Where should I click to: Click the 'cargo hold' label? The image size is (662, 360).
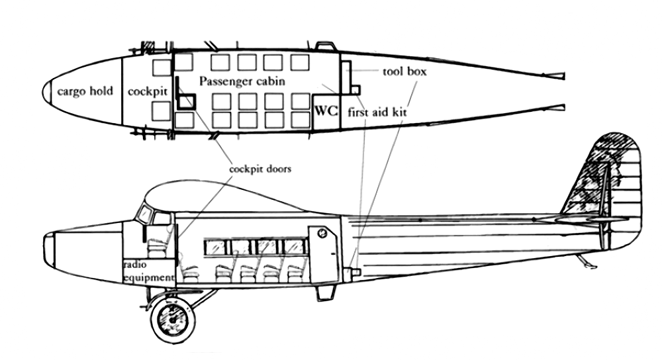[x=85, y=91]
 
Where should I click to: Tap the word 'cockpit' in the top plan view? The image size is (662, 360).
[x=148, y=91]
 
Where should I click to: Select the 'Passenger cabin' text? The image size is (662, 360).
[x=242, y=81]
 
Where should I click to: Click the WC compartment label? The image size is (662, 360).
[x=326, y=111]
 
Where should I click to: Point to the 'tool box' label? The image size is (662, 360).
[x=404, y=71]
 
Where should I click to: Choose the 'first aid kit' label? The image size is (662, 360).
[x=377, y=112]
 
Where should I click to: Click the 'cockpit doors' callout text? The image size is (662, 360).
[x=260, y=169]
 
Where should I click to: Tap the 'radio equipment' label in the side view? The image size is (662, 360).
[x=148, y=271]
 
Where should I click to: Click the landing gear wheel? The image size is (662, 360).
[x=173, y=320]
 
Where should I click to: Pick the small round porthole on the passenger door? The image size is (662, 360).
[x=322, y=232]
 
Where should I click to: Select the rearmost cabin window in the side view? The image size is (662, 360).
[x=295, y=247]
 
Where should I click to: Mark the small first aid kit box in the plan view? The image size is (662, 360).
[x=355, y=90]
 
